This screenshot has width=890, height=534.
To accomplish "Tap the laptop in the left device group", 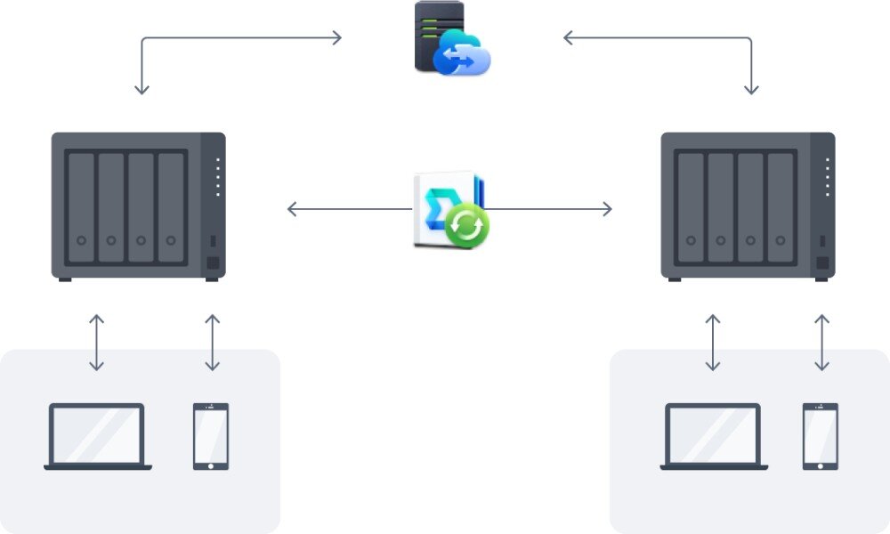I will [97, 436].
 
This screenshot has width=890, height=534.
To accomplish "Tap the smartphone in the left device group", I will [211, 436].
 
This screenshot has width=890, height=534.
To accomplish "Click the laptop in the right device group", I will [714, 436].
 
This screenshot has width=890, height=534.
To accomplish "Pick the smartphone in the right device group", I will [821, 436].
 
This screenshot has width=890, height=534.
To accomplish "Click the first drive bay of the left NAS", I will [81, 207].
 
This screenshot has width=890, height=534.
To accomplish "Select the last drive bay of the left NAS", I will [171, 207].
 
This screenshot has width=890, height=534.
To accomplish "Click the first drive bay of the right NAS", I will [691, 207].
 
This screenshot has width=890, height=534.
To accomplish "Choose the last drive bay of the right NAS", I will [781, 207].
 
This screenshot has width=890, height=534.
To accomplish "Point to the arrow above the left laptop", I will [97, 343].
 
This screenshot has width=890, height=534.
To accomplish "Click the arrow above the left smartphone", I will [212, 343].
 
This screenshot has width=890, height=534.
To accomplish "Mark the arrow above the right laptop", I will [713, 343].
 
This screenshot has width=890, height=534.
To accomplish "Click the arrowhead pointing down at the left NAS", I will [142, 89].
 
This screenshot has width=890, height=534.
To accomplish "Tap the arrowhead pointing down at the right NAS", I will [751, 89].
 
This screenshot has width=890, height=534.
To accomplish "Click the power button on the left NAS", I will [212, 263].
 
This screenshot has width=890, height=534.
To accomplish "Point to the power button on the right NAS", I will [822, 263].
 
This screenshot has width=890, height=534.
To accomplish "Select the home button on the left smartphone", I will [211, 464].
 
